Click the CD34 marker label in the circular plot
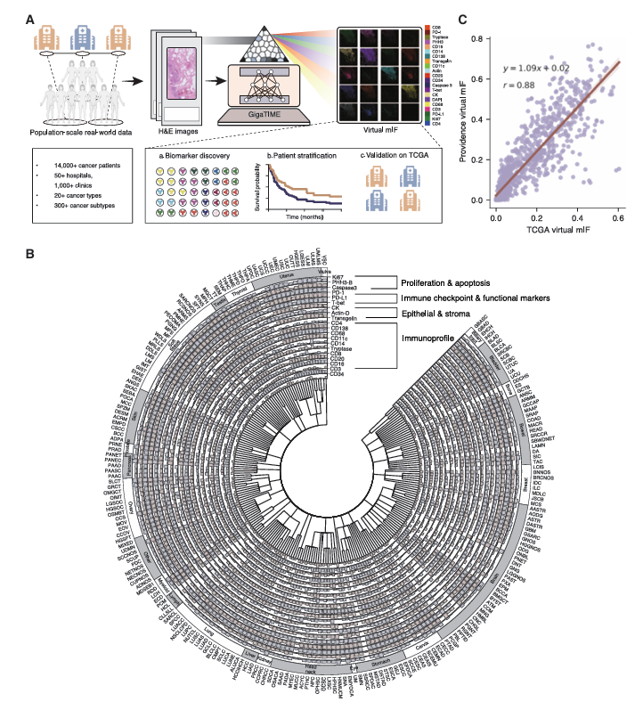tap(338, 375)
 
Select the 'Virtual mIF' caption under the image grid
tap(375, 131)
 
